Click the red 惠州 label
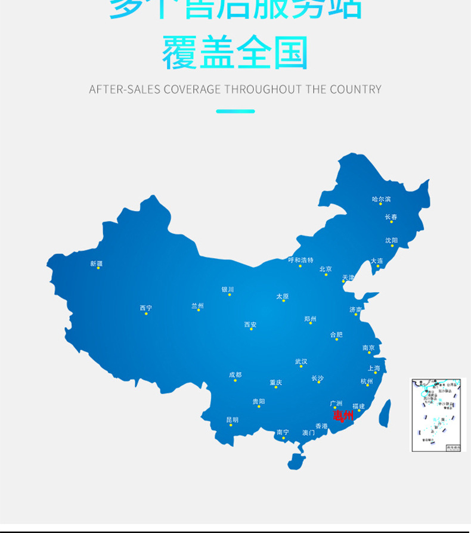[343, 415]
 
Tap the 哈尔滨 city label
[381, 199]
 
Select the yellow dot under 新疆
[98, 268]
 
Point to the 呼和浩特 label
[300, 260]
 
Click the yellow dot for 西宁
[146, 314]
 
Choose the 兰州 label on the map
[197, 305]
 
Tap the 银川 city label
[228, 290]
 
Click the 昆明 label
[232, 420]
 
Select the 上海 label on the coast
[374, 368]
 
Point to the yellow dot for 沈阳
[392, 246]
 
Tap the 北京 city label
[326, 269]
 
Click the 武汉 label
[301, 361]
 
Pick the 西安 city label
[250, 324]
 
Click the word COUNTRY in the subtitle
[355, 89]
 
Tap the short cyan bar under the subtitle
[235, 111]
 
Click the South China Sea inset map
[436, 414]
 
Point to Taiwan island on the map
[385, 413]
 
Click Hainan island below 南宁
[296, 460]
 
